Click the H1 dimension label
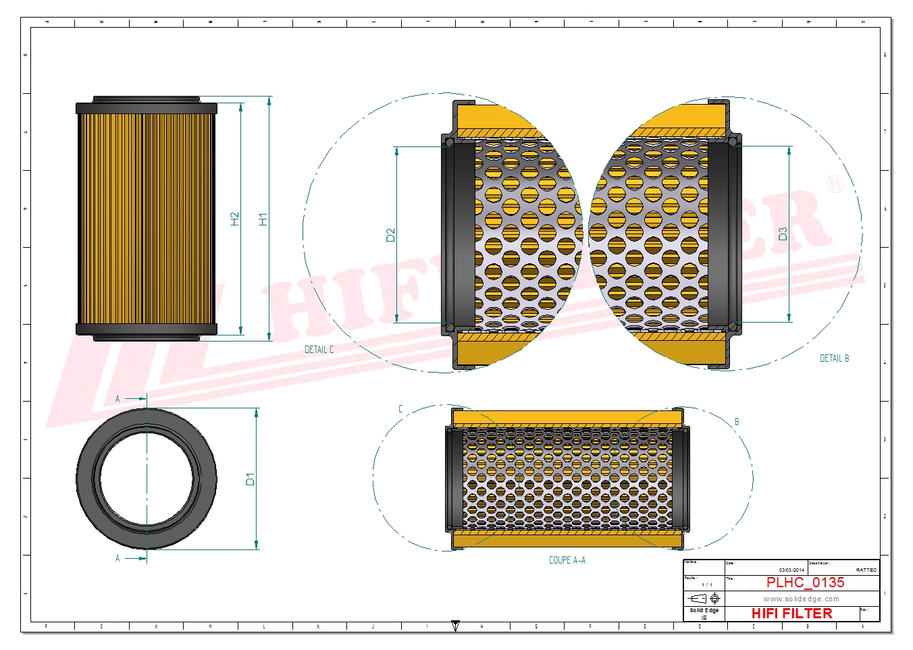point(263,219)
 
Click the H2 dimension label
point(235,219)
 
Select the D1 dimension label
point(250,479)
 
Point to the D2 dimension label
point(390,235)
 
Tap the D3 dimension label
point(783,234)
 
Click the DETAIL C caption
point(319,350)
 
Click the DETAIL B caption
point(834,358)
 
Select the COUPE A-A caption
point(567,560)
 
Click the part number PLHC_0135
point(805,583)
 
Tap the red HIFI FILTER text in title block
point(791,614)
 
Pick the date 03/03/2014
point(791,570)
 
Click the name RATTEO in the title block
point(866,570)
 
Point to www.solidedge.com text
point(801,599)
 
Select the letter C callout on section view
point(400,409)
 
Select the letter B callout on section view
point(737,422)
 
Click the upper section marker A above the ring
point(118,399)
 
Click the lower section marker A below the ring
point(118,558)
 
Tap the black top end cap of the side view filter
point(147,108)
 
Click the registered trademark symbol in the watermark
point(835,184)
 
